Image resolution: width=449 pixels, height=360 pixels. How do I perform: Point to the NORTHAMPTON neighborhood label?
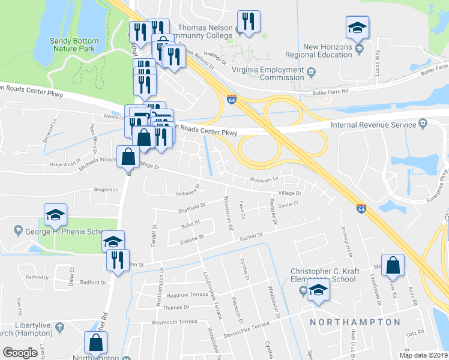coord(355,322)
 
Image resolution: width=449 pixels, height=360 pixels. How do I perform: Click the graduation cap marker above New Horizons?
coord(357,28)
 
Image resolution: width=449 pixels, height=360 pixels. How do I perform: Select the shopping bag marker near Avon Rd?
coord(392,265)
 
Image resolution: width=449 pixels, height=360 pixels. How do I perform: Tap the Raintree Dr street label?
coord(273,212)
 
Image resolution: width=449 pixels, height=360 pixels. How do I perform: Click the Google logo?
coord(20,352)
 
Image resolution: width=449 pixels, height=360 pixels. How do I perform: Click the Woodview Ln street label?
coord(265,179)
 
